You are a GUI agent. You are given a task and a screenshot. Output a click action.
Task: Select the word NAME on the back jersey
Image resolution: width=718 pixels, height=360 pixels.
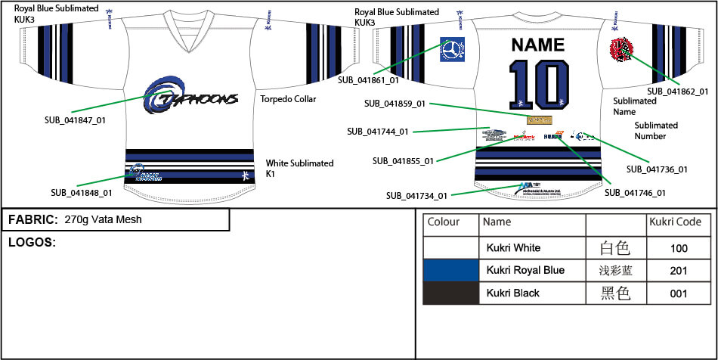coord(538,45)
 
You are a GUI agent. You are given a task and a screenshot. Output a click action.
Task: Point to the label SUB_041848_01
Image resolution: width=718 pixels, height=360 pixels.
coord(81,193)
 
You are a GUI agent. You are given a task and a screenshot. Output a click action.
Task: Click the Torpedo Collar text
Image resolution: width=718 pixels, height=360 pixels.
coord(288,99)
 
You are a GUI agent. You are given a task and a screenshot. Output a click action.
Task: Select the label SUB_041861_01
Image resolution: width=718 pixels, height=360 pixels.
coord(368,79)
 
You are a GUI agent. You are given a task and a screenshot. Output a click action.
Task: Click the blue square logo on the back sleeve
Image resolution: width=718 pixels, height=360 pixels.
coord(452,49)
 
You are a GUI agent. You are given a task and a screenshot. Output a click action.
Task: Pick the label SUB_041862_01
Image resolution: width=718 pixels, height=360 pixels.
coord(678,92)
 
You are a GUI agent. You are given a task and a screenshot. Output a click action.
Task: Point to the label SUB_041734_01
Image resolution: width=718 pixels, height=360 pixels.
coord(416,196)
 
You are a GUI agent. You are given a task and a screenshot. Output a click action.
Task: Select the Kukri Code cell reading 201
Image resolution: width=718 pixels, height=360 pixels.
coord(678,270)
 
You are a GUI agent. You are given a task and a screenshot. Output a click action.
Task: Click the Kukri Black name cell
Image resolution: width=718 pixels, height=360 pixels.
coord(513,293)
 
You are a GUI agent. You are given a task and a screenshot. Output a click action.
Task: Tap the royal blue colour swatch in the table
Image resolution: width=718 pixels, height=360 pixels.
coord(451,270)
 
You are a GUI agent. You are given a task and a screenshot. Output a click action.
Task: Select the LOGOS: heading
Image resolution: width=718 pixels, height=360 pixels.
coord(32,242)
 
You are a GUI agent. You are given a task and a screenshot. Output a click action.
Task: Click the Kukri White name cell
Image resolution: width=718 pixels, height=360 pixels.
coord(514,247)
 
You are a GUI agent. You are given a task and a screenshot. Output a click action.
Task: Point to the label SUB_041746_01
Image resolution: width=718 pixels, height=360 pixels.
coord(635,193)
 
